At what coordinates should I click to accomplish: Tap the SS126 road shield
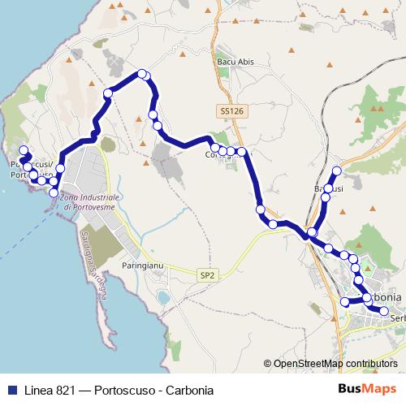[x=231, y=110]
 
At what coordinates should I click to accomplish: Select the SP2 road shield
[x=207, y=276]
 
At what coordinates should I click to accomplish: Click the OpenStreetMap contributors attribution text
[x=331, y=364]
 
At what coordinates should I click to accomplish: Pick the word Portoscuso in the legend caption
[x=124, y=390]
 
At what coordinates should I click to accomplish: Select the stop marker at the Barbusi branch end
[x=335, y=171]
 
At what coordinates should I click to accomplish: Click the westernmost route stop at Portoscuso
[x=22, y=150]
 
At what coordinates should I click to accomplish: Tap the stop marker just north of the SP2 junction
[x=261, y=209]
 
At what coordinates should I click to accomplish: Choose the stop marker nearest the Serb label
[x=384, y=309]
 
